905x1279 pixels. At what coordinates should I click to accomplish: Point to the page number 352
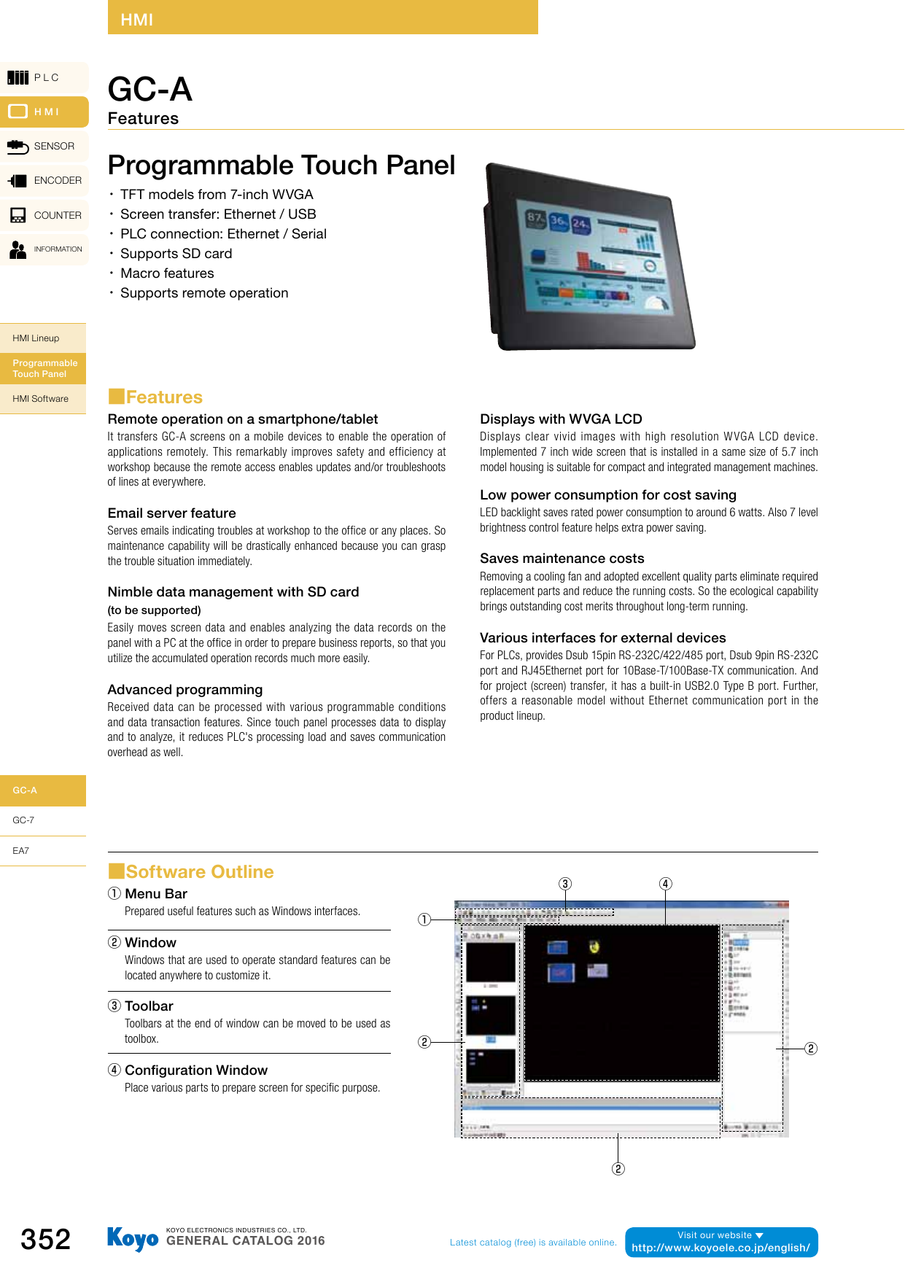pyautogui.click(x=46, y=1239)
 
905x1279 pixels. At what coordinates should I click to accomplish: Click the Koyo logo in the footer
pyautogui.click(x=132, y=1238)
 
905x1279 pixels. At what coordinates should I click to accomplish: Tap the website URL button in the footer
pyautogui.click(x=721, y=1243)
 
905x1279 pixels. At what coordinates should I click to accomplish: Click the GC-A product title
pyautogui.click(x=150, y=90)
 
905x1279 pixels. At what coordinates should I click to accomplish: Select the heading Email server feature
pyautogui.click(x=172, y=513)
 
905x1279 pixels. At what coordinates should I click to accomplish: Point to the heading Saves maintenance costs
pyautogui.click(x=562, y=559)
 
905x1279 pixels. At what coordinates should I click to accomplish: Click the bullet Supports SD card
pyautogui.click(x=176, y=254)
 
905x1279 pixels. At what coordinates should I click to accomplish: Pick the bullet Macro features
pyautogui.click(x=167, y=273)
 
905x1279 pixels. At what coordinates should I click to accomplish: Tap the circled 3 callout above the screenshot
pyautogui.click(x=565, y=884)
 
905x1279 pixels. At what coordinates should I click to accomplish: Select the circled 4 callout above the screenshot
pyautogui.click(x=665, y=884)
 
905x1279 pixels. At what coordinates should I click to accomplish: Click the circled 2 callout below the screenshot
pyautogui.click(x=618, y=1169)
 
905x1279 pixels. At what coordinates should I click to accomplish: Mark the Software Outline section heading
pyautogui.click(x=199, y=872)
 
